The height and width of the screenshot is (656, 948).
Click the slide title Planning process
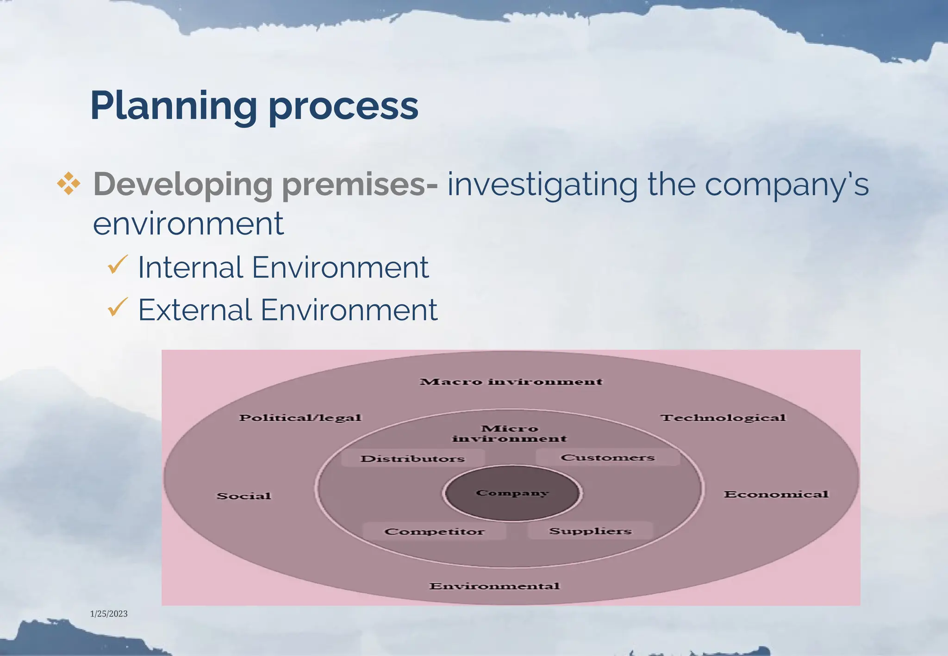click(x=254, y=106)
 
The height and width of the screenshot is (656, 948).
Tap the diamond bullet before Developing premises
click(x=69, y=184)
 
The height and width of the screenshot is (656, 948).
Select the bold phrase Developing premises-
click(x=265, y=185)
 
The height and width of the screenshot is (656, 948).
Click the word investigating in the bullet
click(x=542, y=185)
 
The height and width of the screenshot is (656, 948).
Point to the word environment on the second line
click(x=188, y=223)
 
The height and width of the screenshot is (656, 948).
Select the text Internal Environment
click(x=283, y=267)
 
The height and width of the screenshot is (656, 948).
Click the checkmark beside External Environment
click(x=117, y=307)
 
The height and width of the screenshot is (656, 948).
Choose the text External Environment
click(x=287, y=309)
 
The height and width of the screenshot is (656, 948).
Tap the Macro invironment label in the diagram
click(x=511, y=382)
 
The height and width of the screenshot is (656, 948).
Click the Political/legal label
click(x=300, y=418)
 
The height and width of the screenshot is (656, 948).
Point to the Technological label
click(x=723, y=418)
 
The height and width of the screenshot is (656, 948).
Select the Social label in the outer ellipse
click(x=244, y=496)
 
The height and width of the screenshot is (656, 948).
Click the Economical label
click(x=776, y=495)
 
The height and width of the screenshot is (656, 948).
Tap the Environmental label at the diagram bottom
click(x=494, y=586)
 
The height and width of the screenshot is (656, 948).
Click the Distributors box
click(x=413, y=458)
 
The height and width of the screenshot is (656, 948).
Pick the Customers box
click(x=608, y=458)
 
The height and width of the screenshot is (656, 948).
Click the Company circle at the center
click(x=512, y=493)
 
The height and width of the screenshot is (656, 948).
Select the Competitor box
click(x=434, y=532)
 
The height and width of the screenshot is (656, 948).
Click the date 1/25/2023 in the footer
click(x=109, y=614)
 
